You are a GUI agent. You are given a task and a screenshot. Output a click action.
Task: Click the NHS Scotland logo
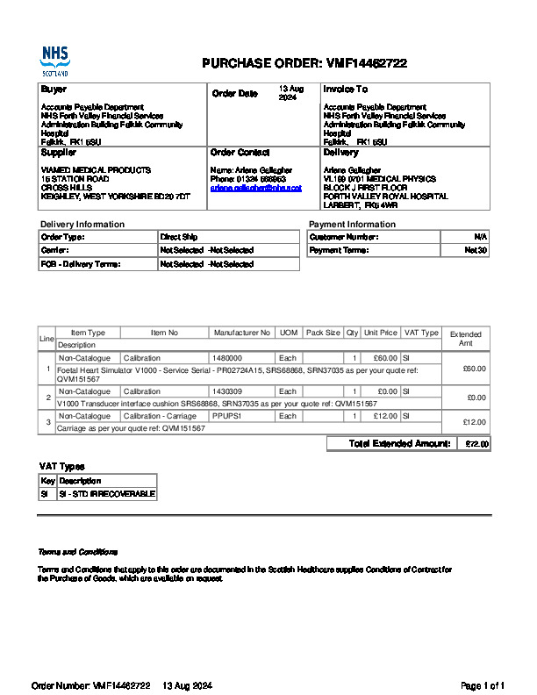(x=54, y=62)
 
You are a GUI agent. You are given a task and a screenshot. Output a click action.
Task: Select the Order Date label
(x=234, y=94)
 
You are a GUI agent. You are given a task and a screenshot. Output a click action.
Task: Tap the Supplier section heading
(x=59, y=153)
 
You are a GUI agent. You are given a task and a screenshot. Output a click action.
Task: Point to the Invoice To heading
(x=345, y=90)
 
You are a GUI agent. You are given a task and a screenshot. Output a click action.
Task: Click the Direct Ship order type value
(x=179, y=237)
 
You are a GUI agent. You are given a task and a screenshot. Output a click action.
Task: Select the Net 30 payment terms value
(x=476, y=250)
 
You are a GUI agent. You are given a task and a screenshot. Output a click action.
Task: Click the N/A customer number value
(x=481, y=237)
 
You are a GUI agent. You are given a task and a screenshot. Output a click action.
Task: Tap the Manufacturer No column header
(x=241, y=333)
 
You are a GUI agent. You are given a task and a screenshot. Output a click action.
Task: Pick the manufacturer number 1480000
(x=227, y=358)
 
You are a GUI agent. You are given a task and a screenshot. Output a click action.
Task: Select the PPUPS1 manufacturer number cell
(x=226, y=415)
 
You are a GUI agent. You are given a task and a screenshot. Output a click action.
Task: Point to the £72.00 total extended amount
(x=476, y=444)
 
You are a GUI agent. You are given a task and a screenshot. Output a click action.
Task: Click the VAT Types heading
(x=61, y=467)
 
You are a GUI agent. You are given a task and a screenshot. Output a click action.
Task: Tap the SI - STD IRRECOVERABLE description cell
(x=106, y=494)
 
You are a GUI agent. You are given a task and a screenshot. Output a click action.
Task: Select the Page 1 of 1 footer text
(x=483, y=685)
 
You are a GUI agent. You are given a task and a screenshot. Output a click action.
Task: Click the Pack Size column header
(x=322, y=333)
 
